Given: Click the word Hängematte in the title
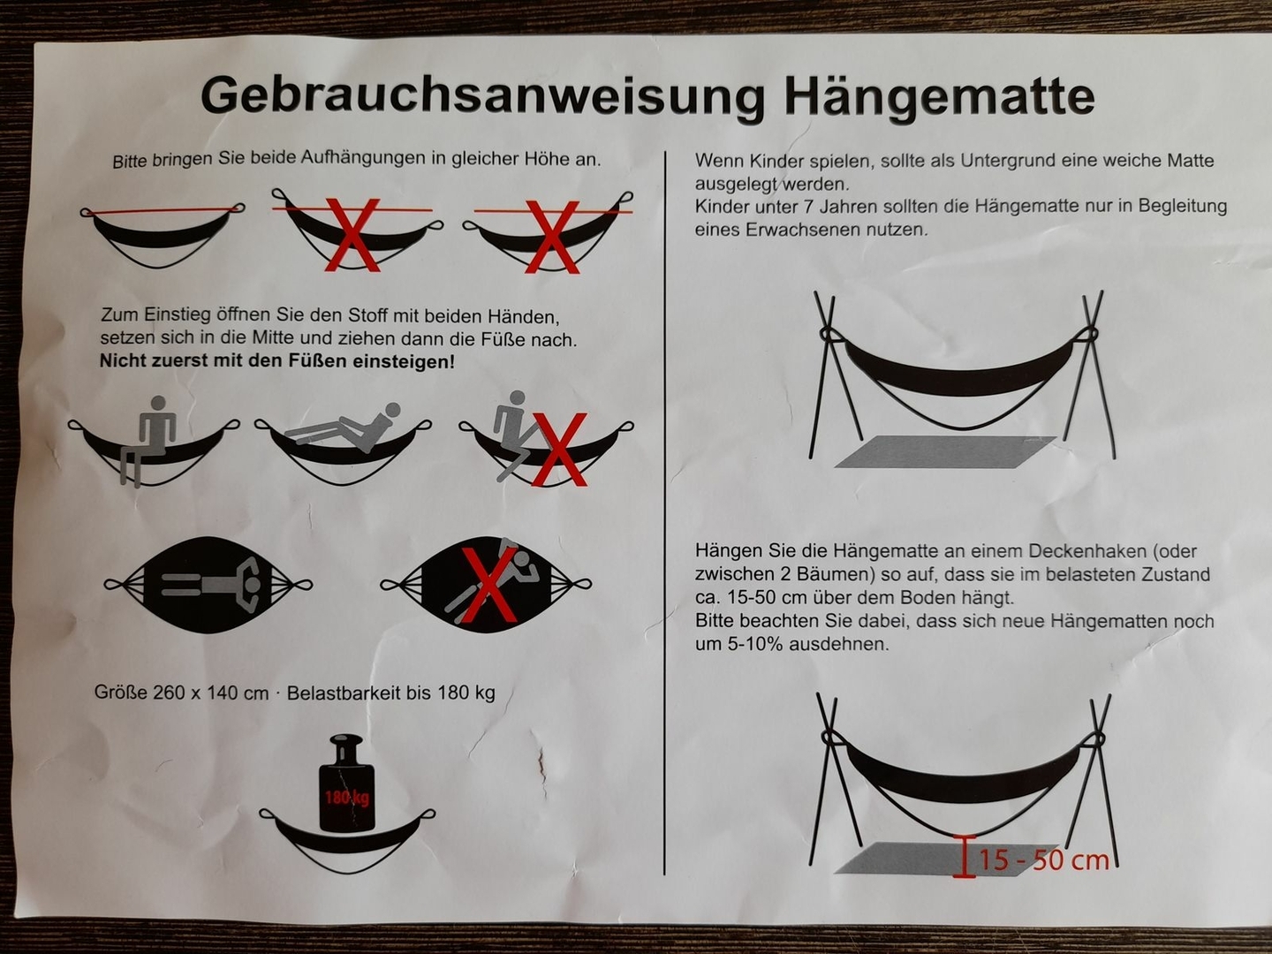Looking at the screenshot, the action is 939,95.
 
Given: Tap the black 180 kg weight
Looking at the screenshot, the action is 346,784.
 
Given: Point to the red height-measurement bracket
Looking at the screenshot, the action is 964,857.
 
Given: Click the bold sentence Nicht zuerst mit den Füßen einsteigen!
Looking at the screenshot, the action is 277,361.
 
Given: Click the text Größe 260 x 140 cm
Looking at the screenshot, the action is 181,693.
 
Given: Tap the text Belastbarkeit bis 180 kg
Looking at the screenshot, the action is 390,693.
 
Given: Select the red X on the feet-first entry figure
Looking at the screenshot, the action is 559,449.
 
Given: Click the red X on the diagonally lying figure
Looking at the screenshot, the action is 488,585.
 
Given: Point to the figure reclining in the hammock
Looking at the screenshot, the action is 343,428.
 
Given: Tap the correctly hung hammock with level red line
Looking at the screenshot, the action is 163,234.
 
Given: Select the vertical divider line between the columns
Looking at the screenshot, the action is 664,513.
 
